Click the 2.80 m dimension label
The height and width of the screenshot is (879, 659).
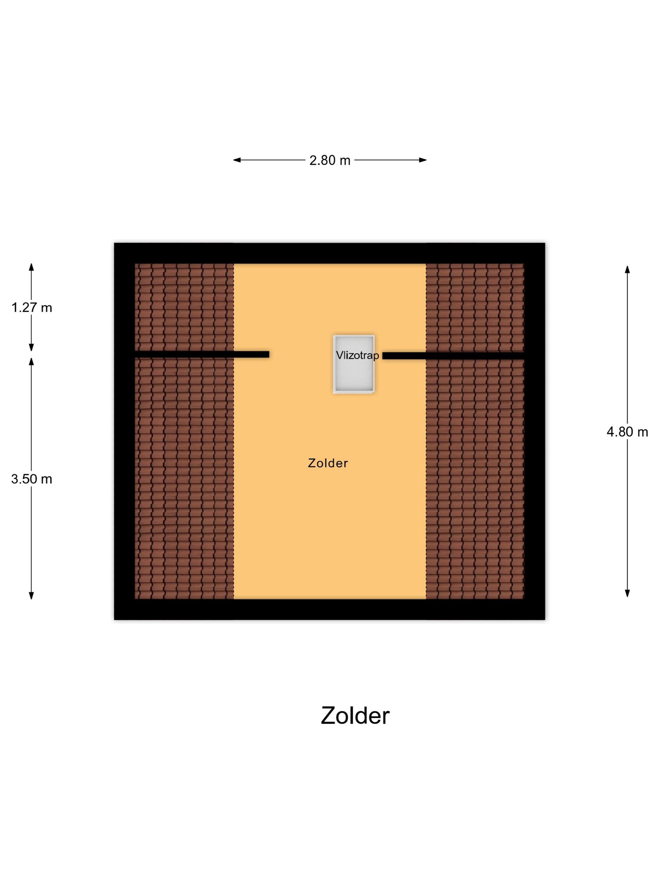click(330, 160)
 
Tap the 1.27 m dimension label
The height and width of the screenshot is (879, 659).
click(32, 308)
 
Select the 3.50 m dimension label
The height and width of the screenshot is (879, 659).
click(32, 479)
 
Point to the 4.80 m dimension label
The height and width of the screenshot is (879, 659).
click(627, 432)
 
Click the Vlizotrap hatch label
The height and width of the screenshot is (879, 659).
click(357, 355)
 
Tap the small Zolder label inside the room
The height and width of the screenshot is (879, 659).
click(328, 463)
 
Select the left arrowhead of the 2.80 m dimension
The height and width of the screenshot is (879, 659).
click(237, 160)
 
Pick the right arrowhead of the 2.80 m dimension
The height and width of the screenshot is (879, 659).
click(423, 160)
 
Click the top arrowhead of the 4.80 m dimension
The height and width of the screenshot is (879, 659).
click(627, 269)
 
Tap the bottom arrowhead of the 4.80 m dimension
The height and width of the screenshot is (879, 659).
click(627, 593)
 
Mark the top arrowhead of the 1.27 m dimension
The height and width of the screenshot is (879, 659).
click(31, 267)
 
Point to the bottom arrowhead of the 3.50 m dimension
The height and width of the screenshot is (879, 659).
click(31, 595)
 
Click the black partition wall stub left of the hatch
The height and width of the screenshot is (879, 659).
click(202, 354)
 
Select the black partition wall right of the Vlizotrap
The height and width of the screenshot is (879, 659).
click(453, 356)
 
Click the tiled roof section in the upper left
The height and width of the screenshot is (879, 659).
click(184, 307)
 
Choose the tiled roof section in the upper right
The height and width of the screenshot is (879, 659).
click(475, 308)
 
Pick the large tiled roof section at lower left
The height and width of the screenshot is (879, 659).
click(184, 478)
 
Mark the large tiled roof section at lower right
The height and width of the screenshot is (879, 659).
click(475, 479)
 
